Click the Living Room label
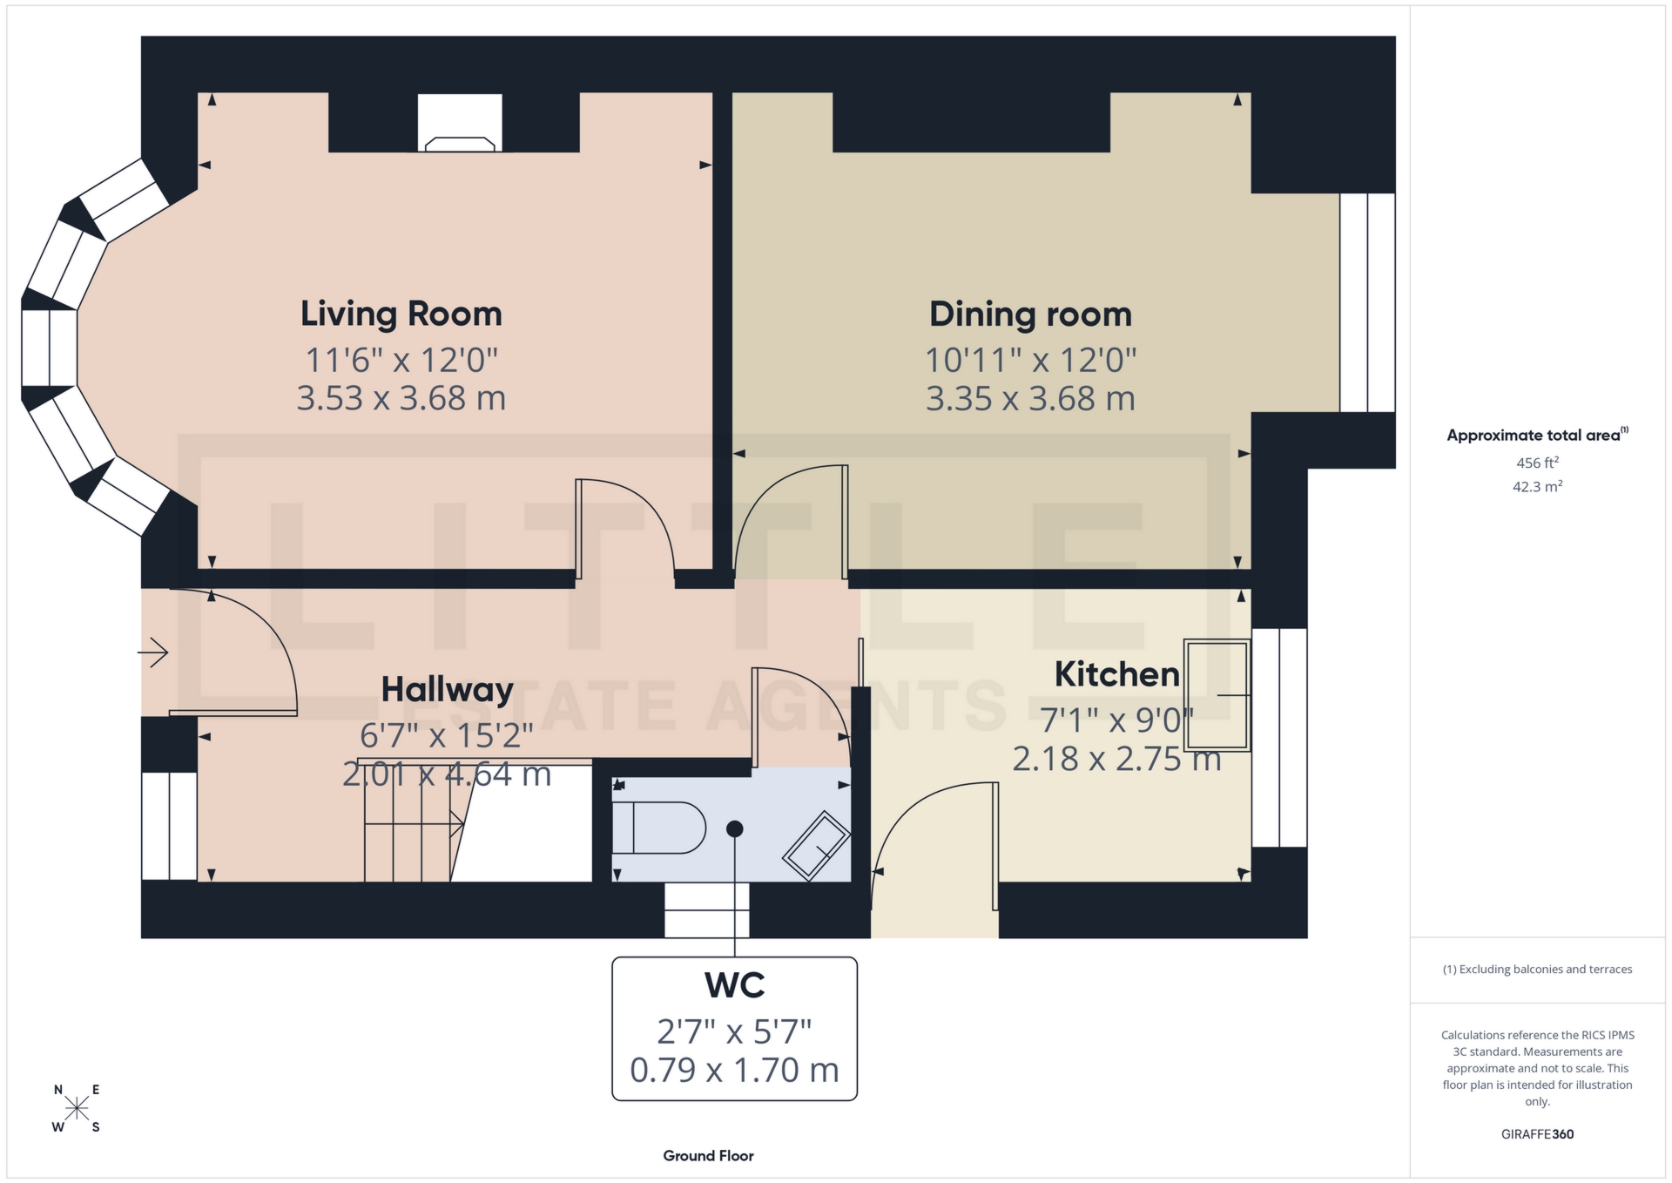tap(401, 314)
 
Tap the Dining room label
tap(1029, 314)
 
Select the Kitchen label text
tap(1116, 674)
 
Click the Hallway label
tap(447, 690)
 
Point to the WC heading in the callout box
tap(734, 985)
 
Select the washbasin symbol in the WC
tap(816, 845)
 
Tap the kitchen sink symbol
tap(1217, 695)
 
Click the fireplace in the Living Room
tap(459, 124)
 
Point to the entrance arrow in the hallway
tap(153, 652)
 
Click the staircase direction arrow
tap(455, 823)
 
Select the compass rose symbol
tap(77, 1108)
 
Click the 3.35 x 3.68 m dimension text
tap(1029, 399)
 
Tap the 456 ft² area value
tap(1537, 463)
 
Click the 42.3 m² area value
tap(1537, 486)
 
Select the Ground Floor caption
tap(708, 1156)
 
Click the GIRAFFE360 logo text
tap(1537, 1134)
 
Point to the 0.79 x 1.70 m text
tap(734, 1071)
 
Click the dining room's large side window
tap(1366, 302)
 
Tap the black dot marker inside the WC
tap(735, 828)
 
